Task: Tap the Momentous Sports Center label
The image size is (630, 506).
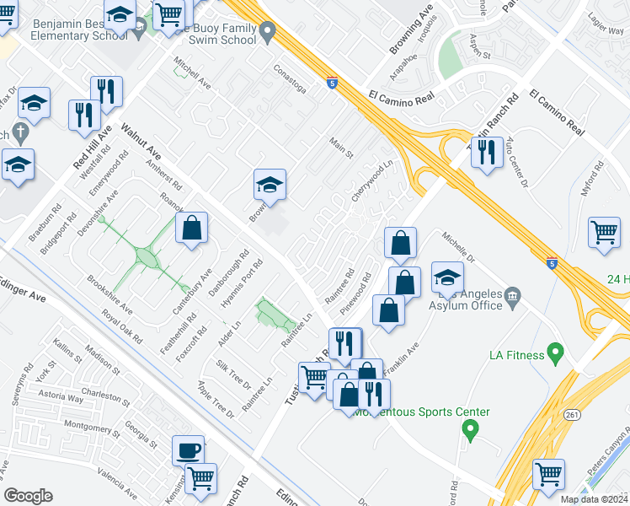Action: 422,412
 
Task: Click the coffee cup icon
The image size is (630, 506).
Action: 188,449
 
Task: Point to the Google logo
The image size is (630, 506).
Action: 28,496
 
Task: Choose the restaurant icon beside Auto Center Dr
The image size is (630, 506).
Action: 487,152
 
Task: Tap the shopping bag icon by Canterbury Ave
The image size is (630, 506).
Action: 192,228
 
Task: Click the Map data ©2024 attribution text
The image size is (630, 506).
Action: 594,499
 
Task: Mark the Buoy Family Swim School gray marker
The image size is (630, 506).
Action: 268,34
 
